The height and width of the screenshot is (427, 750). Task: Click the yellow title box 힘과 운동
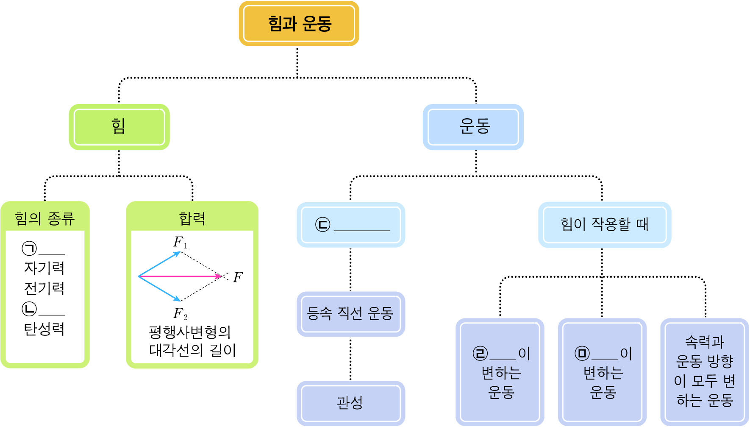tap(299, 24)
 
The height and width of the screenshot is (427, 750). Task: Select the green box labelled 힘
tap(119, 127)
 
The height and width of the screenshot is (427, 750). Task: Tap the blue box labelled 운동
tap(473, 127)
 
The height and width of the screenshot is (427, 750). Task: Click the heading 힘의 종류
tap(45, 219)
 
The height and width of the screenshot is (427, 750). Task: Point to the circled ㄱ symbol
tap(29, 248)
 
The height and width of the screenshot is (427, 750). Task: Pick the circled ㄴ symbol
tap(29, 309)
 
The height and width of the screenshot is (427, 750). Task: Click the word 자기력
tap(44, 268)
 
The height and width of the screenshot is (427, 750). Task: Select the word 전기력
tap(44, 288)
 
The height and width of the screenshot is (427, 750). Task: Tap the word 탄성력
tap(44, 329)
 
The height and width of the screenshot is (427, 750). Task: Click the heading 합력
tap(192, 219)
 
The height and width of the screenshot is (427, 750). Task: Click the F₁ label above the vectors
tap(180, 243)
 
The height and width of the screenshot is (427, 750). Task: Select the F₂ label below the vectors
tap(180, 314)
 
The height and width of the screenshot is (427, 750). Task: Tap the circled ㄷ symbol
tap(322, 225)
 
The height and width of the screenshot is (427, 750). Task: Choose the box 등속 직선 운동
tap(350, 314)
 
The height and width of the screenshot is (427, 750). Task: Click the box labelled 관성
tap(350, 403)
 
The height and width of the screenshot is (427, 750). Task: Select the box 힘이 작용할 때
tap(605, 224)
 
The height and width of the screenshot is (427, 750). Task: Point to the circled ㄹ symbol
tap(480, 354)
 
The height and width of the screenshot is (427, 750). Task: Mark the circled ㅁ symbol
tap(582, 354)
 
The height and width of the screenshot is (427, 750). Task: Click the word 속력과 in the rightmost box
tap(705, 342)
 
